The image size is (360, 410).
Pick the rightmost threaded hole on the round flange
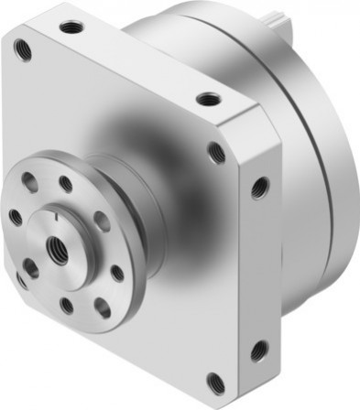117,272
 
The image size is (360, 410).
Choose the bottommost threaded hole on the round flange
66,306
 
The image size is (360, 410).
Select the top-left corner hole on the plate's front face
23,49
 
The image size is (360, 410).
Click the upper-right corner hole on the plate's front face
217,152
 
